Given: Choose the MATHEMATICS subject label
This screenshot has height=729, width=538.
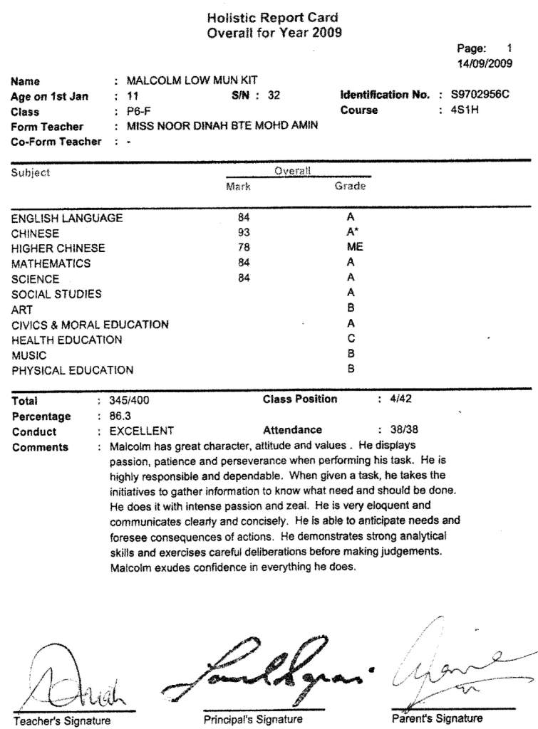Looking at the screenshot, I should click(x=51, y=263).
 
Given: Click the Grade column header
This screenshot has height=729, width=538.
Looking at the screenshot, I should click(x=350, y=187).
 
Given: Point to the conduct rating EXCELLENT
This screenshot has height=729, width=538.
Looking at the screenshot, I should click(x=141, y=431).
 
